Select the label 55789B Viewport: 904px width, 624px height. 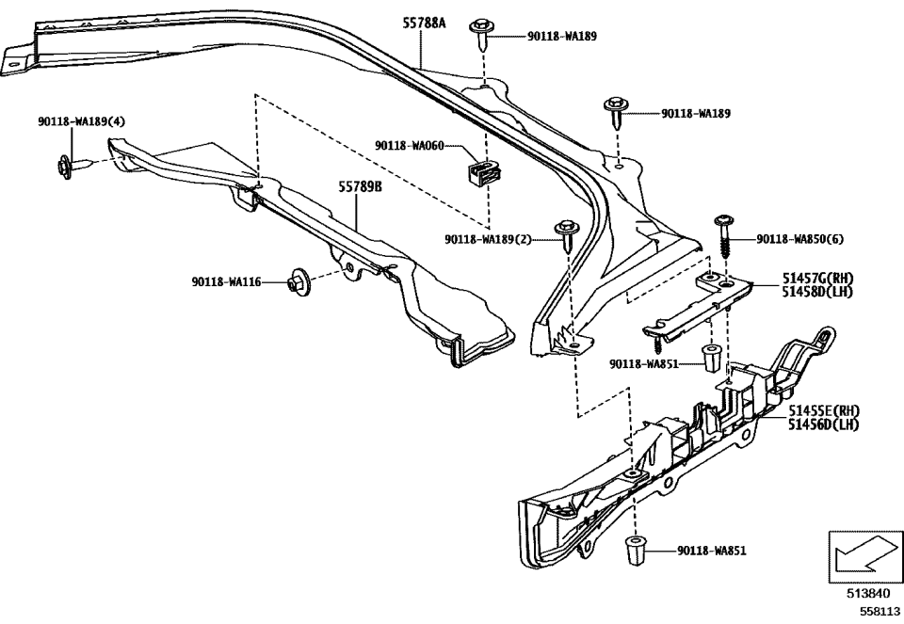tap(360, 187)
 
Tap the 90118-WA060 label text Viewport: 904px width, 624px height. tap(409, 146)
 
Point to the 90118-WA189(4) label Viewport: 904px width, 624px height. tap(82, 121)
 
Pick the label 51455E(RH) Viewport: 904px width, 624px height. tap(824, 410)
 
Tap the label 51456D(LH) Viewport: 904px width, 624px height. tap(824, 424)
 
